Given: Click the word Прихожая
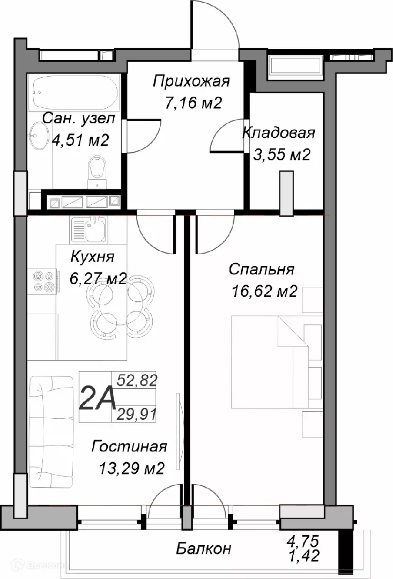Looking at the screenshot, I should pos(191,82).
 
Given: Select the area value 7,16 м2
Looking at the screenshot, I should pos(193,102).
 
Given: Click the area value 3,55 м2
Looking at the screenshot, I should pos(281,154).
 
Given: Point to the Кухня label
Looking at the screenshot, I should pos(92,257).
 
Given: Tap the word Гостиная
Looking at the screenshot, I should pos(129,447).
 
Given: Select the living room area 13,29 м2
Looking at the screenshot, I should pos(131,468).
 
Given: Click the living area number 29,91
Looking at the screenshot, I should pos(140,414).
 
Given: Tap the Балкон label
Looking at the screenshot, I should pos(204,548).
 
